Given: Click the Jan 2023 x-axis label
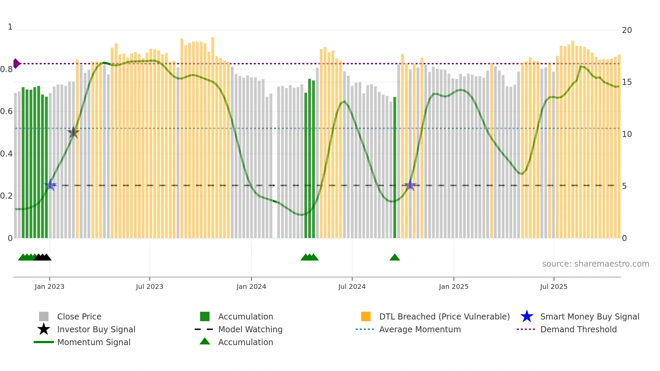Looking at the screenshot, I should (x=49, y=286).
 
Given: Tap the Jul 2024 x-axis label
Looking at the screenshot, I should (x=352, y=286).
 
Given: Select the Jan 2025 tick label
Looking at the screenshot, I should (x=454, y=286).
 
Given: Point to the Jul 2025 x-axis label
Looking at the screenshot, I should (x=554, y=286).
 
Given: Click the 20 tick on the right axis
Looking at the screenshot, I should (x=627, y=30).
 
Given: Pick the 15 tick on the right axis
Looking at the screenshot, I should (x=627, y=82).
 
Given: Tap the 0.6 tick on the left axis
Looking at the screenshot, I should (x=6, y=111).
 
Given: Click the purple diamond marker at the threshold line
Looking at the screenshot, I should (x=16, y=63).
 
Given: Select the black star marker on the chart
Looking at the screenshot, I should (x=73, y=132).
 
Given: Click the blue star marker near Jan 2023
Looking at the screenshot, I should (x=50, y=185).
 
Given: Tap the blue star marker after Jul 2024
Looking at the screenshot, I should (x=410, y=185).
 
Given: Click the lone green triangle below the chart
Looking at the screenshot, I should (x=395, y=258).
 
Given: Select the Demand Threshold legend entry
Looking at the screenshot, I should (x=578, y=329).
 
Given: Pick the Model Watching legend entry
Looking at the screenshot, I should (x=250, y=329).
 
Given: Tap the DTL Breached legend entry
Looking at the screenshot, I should (x=444, y=316).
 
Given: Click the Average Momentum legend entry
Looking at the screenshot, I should (x=420, y=329).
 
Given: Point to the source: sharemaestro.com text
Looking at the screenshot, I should (x=595, y=264).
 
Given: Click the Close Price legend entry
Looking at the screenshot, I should (x=79, y=316).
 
